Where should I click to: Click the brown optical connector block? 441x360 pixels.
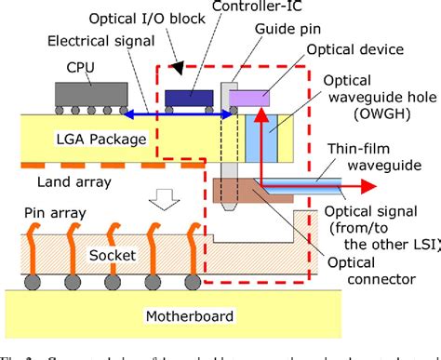pos(237,190)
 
